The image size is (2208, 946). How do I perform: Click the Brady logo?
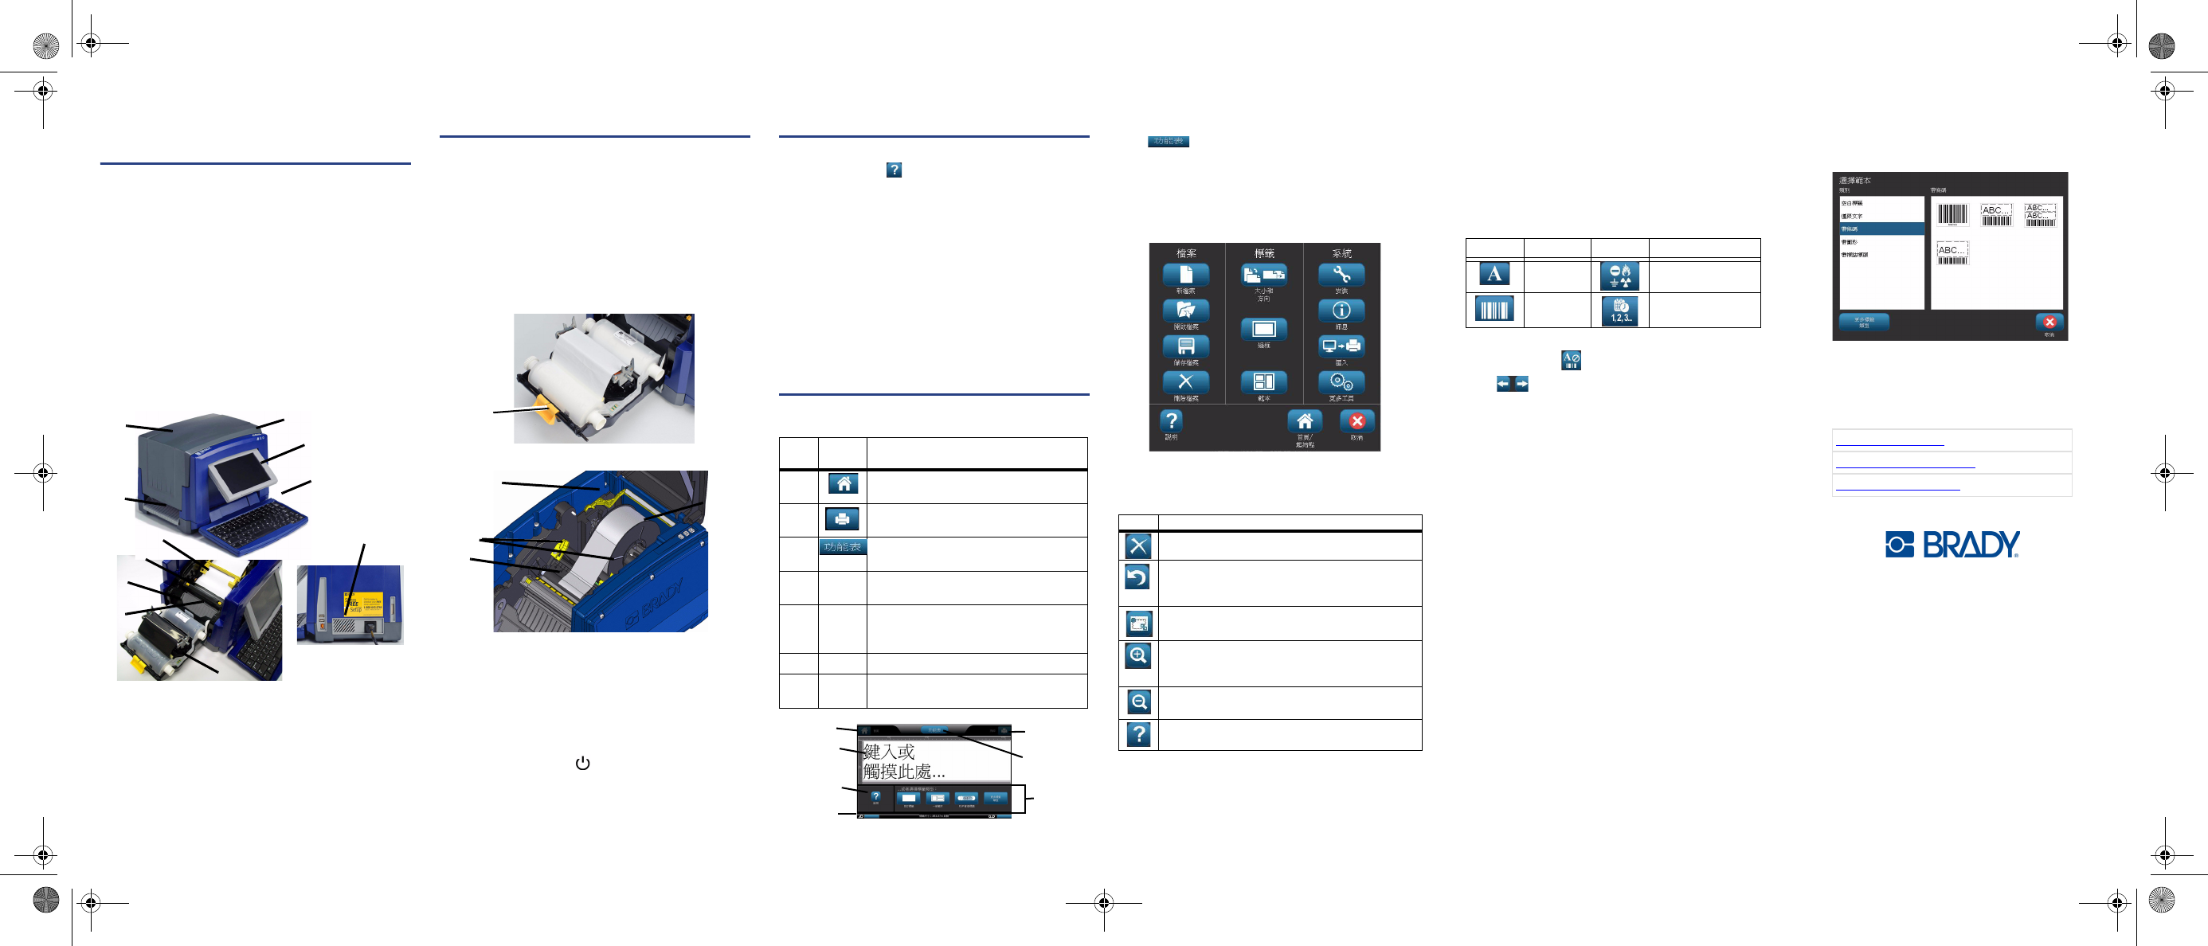(x=1952, y=544)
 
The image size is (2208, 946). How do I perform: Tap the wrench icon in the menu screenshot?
(x=1341, y=275)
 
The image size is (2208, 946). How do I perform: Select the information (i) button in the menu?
(x=1341, y=311)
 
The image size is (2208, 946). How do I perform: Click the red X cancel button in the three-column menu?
(x=1356, y=421)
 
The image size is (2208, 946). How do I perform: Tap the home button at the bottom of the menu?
(x=1304, y=421)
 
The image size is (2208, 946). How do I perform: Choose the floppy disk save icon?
(x=1185, y=347)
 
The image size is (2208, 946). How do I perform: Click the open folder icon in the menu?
(x=1185, y=311)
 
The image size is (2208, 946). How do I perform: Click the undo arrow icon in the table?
(x=1137, y=578)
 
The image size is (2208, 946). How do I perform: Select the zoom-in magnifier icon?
(x=1137, y=655)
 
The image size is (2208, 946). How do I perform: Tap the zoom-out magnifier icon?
(x=1138, y=702)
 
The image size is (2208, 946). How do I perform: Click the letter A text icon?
(x=1494, y=274)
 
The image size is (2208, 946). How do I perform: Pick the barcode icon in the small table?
(x=1494, y=309)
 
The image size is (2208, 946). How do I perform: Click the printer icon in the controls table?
(x=842, y=518)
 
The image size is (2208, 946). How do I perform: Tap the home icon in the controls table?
(x=844, y=483)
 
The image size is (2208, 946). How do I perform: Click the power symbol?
(x=583, y=763)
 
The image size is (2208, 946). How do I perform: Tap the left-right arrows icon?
(x=1512, y=384)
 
